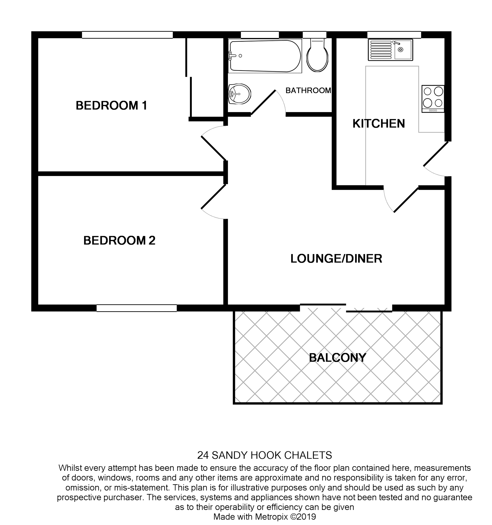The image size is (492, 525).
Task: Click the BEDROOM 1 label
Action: pos(111,106)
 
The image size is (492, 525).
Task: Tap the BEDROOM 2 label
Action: pos(119,241)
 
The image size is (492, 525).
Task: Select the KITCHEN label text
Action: pos(378,124)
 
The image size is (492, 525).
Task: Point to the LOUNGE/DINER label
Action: pos(336,259)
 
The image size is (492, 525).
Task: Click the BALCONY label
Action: pos(338,358)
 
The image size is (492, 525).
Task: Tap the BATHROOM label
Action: pos(308,91)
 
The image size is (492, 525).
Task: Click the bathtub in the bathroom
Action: pos(265,56)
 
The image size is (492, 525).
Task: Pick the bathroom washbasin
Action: pos(240,94)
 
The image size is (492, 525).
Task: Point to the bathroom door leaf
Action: pos(263,103)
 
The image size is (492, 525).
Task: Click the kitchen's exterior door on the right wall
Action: pos(436,154)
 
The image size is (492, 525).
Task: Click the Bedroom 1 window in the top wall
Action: pos(127,35)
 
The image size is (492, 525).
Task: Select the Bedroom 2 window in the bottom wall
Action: pos(136,308)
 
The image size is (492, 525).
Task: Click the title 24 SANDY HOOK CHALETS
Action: pos(264,455)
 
